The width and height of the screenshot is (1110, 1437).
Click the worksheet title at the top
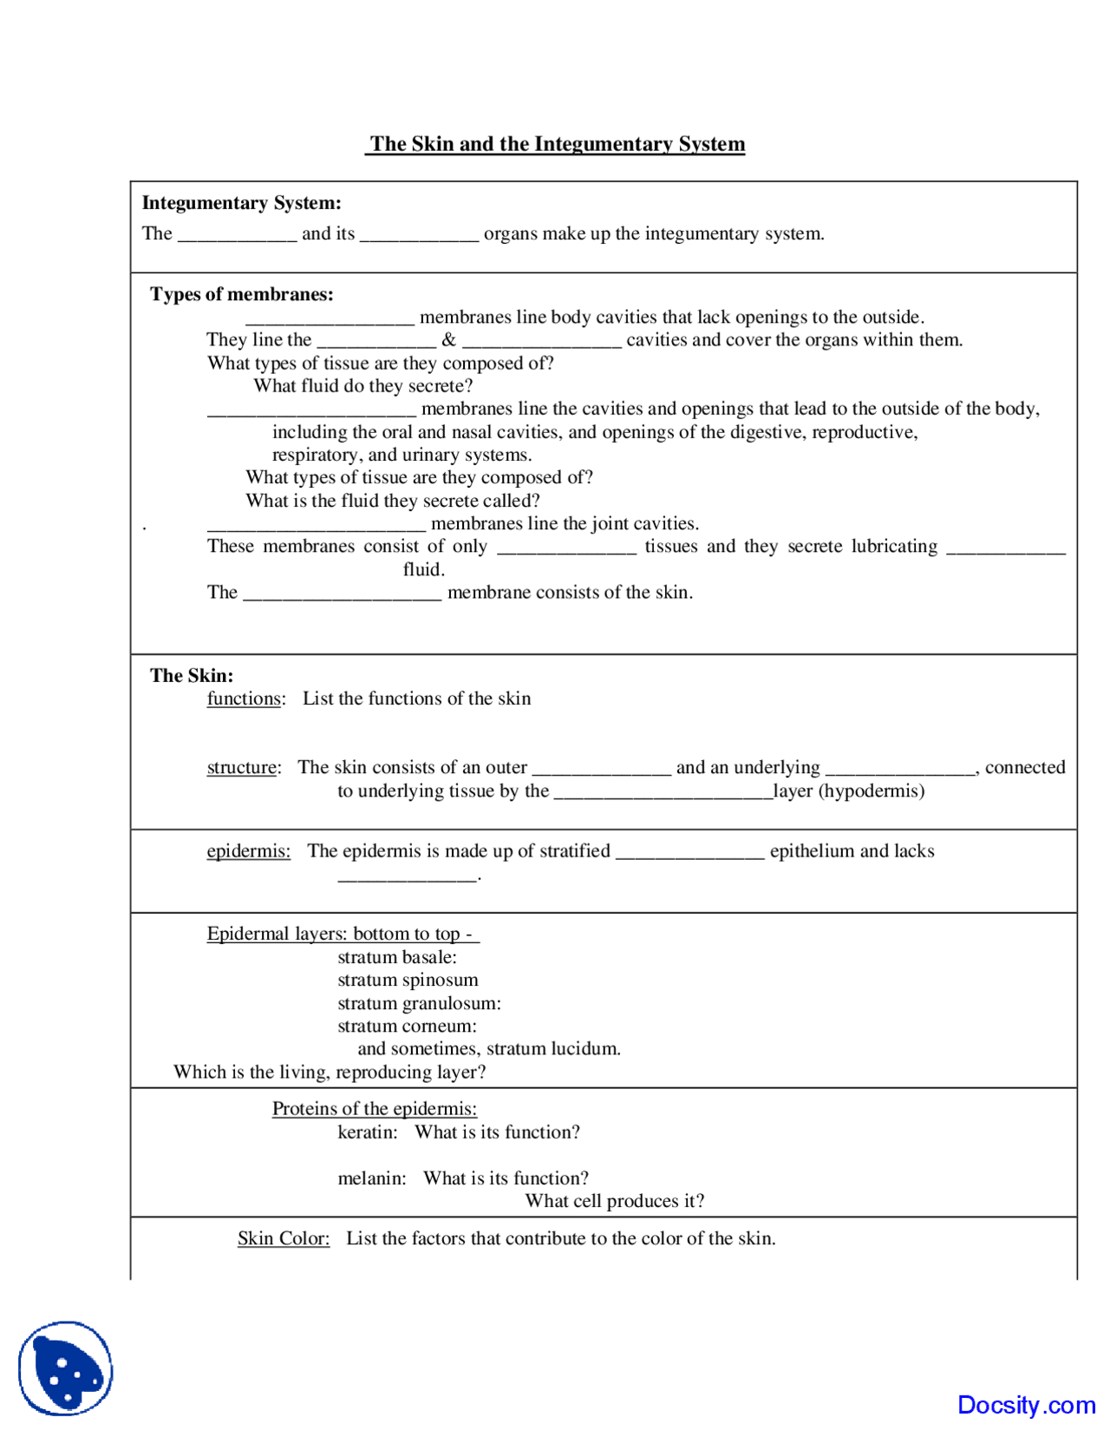click(x=555, y=144)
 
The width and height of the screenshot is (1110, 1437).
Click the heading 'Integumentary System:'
click(x=241, y=203)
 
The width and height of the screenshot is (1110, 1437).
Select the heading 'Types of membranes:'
click(x=241, y=294)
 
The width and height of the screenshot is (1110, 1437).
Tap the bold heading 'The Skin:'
click(x=191, y=675)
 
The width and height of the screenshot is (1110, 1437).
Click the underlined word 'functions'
click(x=244, y=699)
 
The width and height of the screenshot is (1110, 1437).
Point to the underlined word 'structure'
click(x=242, y=767)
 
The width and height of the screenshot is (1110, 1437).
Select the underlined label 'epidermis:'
click(x=248, y=850)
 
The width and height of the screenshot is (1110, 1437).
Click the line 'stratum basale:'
click(x=396, y=957)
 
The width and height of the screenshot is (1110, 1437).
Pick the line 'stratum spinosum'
click(x=408, y=980)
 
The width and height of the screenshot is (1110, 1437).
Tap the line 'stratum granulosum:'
click(x=419, y=1003)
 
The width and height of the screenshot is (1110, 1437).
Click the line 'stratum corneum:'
click(x=407, y=1026)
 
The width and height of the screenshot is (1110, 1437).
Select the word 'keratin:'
click(x=367, y=1132)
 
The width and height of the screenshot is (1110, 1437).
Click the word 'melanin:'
click(x=371, y=1178)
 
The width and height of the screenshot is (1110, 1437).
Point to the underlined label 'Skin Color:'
click(x=284, y=1238)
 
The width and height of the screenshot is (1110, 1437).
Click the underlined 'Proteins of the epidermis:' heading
click(x=374, y=1108)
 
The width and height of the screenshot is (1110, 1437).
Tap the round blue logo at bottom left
click(x=65, y=1368)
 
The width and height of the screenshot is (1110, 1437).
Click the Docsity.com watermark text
click(x=1026, y=1405)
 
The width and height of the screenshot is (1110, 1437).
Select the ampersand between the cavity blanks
click(x=448, y=340)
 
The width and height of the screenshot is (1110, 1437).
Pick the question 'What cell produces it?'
click(x=614, y=1201)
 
